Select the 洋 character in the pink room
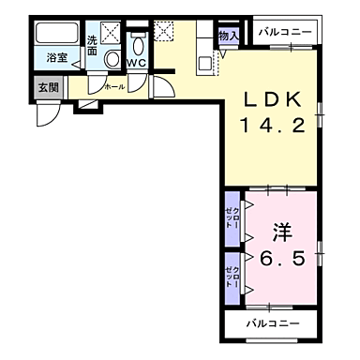point(282,230)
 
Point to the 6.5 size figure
point(281,259)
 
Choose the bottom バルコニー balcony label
point(273,323)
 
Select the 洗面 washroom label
point(93,45)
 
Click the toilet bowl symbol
point(138,45)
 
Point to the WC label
point(136,64)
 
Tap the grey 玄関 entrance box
point(47,87)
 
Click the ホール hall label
point(113,86)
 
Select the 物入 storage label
point(229,35)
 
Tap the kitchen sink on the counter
point(205,62)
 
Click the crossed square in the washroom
point(111,33)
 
